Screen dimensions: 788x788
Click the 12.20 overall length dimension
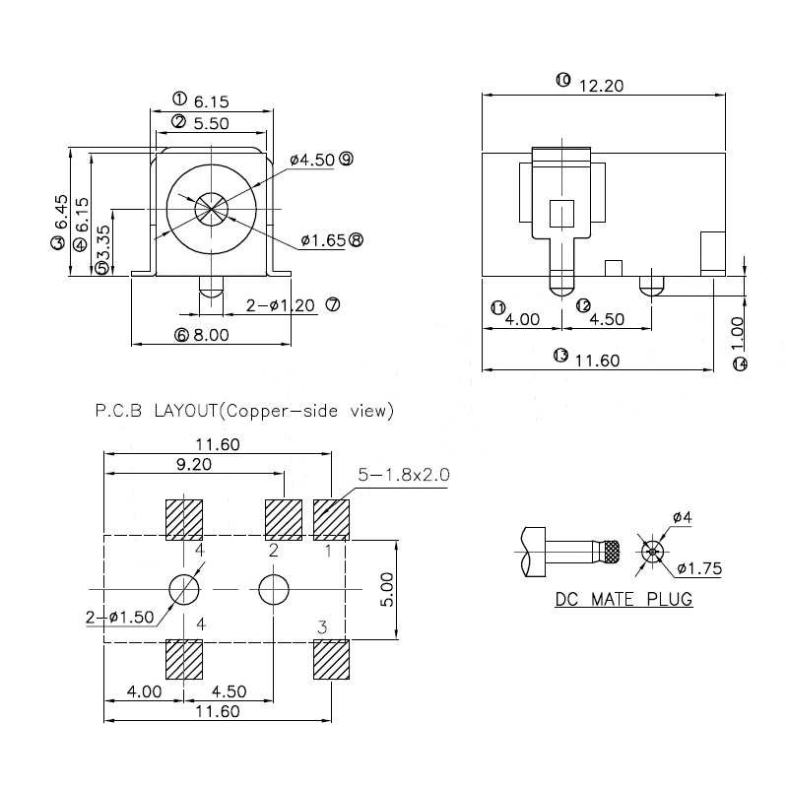click(x=602, y=85)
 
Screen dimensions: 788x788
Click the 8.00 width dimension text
click(x=210, y=335)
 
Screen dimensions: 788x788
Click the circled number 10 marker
click(x=562, y=80)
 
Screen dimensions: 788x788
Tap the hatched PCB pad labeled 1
click(x=331, y=520)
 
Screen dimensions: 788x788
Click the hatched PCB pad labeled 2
click(x=284, y=520)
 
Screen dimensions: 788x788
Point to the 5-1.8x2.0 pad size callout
click(x=404, y=475)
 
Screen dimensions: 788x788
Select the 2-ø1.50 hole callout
click(x=119, y=617)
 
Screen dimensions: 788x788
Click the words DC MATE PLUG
click(x=624, y=599)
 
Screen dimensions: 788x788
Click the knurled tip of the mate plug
click(x=612, y=552)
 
